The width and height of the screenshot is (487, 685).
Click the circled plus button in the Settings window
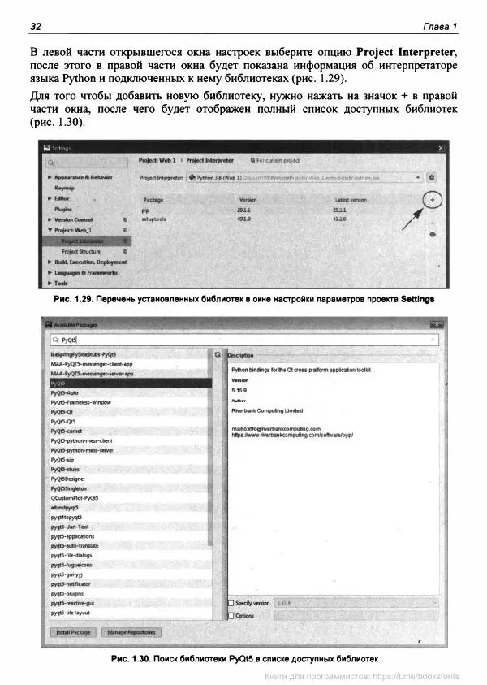433,200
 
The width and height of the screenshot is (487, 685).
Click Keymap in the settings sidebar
65,188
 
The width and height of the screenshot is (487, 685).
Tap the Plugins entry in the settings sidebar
63,209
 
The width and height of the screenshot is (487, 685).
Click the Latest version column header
351,200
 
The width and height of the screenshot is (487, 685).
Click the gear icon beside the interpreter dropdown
432,176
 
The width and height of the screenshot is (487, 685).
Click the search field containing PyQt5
243,340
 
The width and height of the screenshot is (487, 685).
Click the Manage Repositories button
131,632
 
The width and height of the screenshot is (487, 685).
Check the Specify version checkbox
231,604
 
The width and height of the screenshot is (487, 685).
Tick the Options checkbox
231,616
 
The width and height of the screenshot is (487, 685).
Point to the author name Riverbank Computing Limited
267,411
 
